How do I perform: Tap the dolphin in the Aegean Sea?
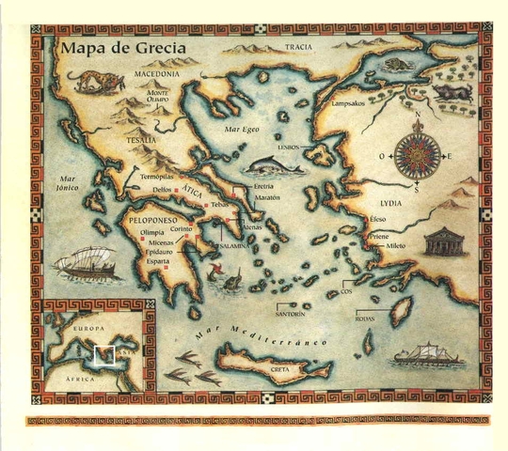click(x=273, y=166)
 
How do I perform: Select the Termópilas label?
click(x=155, y=177)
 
